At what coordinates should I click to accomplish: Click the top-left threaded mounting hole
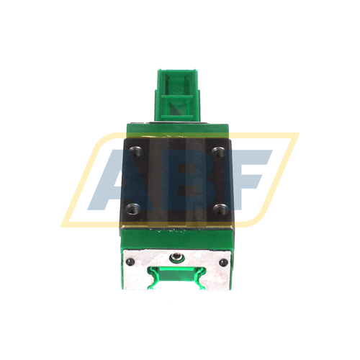tap(135, 152)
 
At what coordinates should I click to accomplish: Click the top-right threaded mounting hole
tap(219, 152)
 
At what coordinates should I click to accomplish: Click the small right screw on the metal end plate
tap(225, 261)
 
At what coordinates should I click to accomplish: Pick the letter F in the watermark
tap(248, 180)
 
